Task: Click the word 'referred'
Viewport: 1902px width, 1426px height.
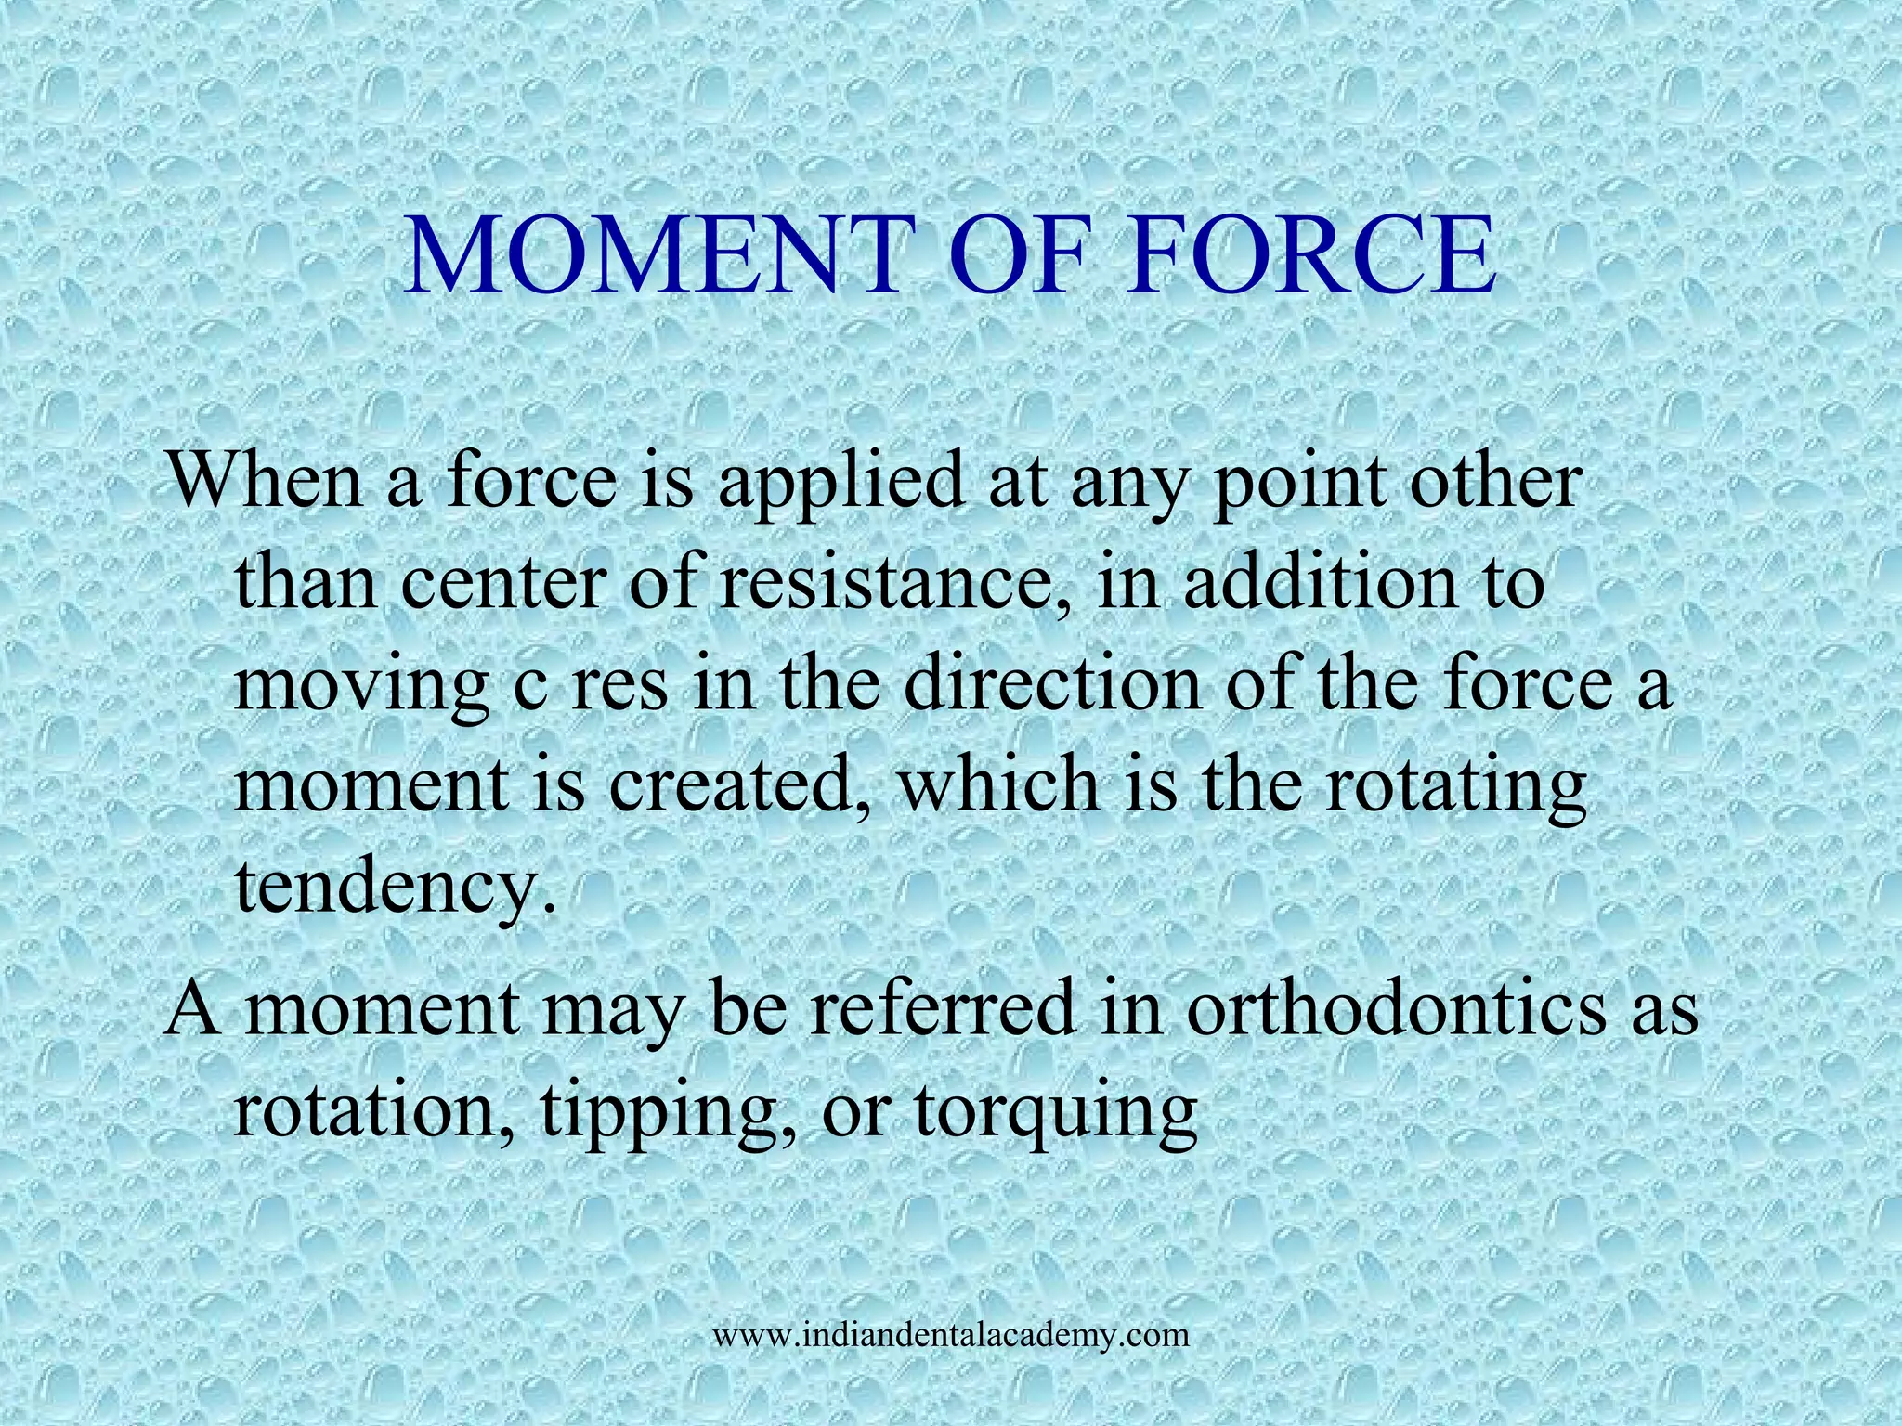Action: [x=939, y=1008]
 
